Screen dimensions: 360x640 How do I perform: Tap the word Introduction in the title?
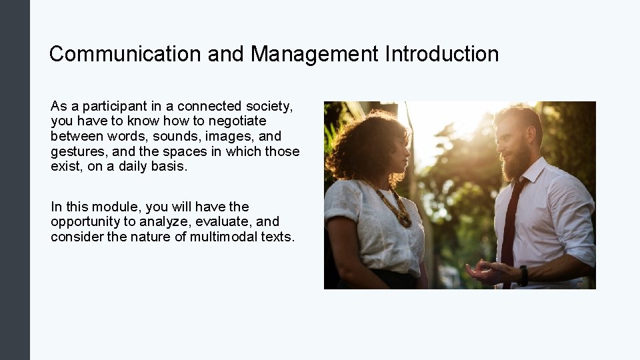click(441, 54)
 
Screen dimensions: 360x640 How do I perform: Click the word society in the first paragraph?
click(269, 107)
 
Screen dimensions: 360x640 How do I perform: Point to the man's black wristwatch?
click(523, 275)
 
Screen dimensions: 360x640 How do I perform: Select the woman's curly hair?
click(363, 143)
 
